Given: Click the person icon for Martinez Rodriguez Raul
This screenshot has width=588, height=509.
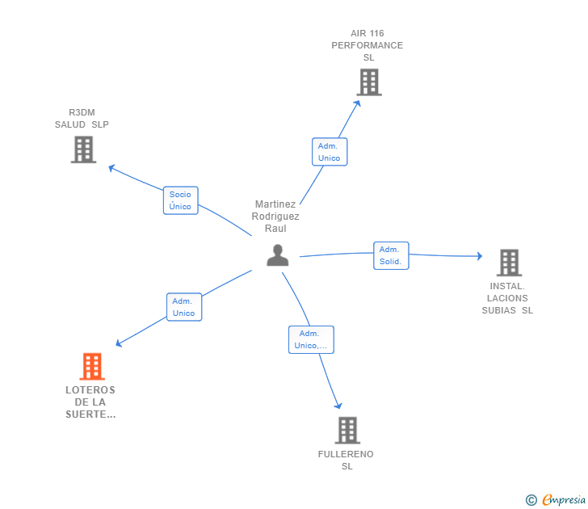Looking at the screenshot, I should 277,255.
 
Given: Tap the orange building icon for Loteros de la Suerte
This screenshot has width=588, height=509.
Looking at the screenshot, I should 92,366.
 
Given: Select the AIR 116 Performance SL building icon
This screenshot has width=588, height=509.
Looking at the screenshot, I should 368,82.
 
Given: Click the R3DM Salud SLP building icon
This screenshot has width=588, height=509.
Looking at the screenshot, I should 83,149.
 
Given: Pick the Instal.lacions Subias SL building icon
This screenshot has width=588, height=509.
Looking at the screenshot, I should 508,263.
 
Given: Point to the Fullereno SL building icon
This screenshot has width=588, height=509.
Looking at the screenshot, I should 346,430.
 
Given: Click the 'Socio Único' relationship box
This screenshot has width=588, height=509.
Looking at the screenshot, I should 180,200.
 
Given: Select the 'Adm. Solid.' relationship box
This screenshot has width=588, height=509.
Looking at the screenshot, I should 391,255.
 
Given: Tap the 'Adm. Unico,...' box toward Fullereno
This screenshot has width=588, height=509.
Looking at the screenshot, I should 311,339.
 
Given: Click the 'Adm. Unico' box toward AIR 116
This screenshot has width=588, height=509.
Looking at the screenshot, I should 330,152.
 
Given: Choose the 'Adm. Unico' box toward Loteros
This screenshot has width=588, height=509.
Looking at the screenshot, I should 183,307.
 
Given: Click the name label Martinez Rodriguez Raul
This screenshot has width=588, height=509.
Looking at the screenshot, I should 275,217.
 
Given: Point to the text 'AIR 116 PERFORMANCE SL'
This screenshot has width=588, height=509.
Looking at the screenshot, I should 367,45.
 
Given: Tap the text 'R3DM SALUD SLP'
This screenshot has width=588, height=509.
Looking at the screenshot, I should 82,119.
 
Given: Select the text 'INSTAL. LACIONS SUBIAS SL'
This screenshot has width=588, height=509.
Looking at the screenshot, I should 507,298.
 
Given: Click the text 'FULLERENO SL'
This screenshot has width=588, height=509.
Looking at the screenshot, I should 346,460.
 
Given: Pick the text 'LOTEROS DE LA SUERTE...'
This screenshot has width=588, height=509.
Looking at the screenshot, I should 90,402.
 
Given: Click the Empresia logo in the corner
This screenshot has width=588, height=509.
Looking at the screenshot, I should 556,499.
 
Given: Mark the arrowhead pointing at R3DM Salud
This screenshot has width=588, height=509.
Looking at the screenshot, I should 111,167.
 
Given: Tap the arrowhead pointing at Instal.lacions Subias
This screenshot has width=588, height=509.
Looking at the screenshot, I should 479,256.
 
